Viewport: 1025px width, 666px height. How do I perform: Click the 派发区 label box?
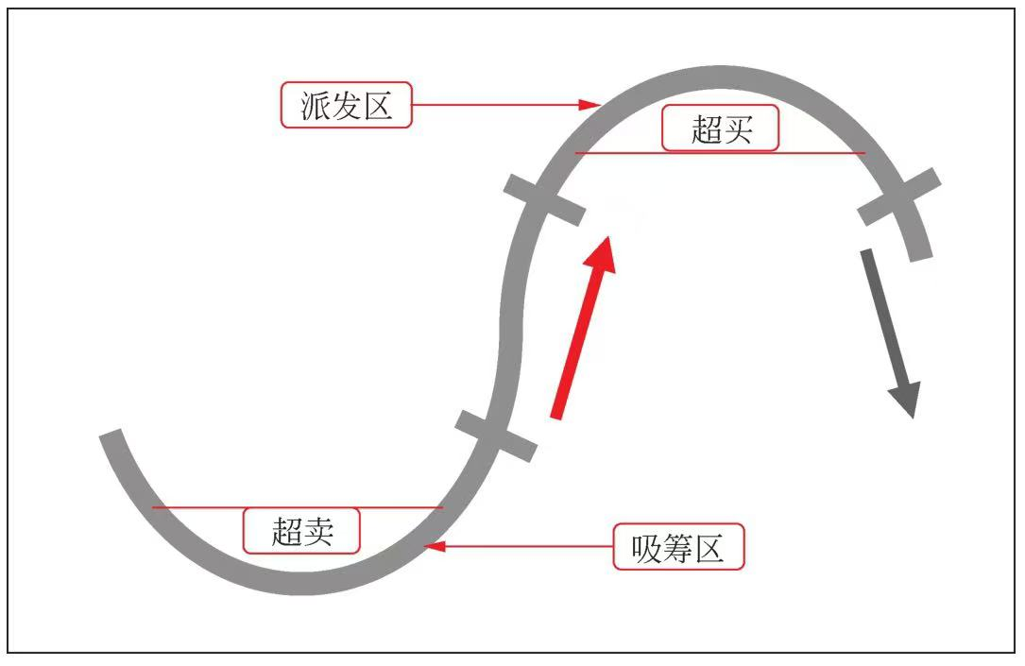tap(347, 105)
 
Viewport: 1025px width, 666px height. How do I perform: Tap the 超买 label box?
tap(720, 128)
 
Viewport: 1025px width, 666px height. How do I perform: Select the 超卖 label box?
tap(302, 531)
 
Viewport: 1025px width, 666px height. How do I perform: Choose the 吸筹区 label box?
tap(678, 547)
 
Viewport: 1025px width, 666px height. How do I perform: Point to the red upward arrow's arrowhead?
tap(601, 253)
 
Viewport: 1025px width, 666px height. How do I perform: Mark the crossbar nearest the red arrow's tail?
tap(496, 435)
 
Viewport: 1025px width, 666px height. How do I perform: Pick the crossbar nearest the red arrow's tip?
tap(544, 199)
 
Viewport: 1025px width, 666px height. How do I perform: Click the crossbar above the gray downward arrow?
tap(899, 196)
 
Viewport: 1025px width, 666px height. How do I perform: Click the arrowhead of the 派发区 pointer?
tap(594, 104)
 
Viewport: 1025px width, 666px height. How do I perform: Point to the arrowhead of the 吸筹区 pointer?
tap(434, 546)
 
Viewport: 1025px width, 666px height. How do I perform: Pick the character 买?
tap(737, 129)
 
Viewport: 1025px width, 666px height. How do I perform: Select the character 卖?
tap(318, 532)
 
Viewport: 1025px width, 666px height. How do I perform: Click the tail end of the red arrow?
tap(557, 415)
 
